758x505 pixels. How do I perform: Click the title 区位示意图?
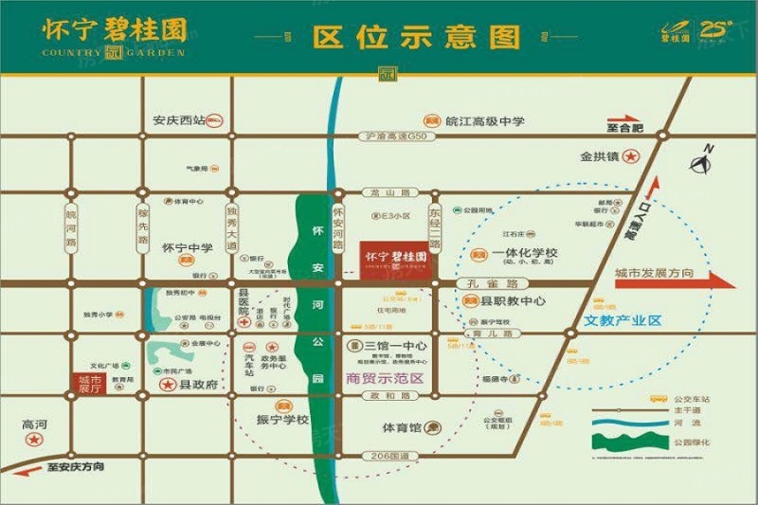pyautogui.click(x=417, y=37)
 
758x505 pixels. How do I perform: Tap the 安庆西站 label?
pyautogui.click(x=179, y=120)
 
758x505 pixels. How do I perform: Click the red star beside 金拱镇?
pyautogui.click(x=630, y=156)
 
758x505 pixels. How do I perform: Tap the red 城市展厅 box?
pyautogui.click(x=87, y=381)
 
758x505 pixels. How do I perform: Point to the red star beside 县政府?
pyautogui.click(x=168, y=386)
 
